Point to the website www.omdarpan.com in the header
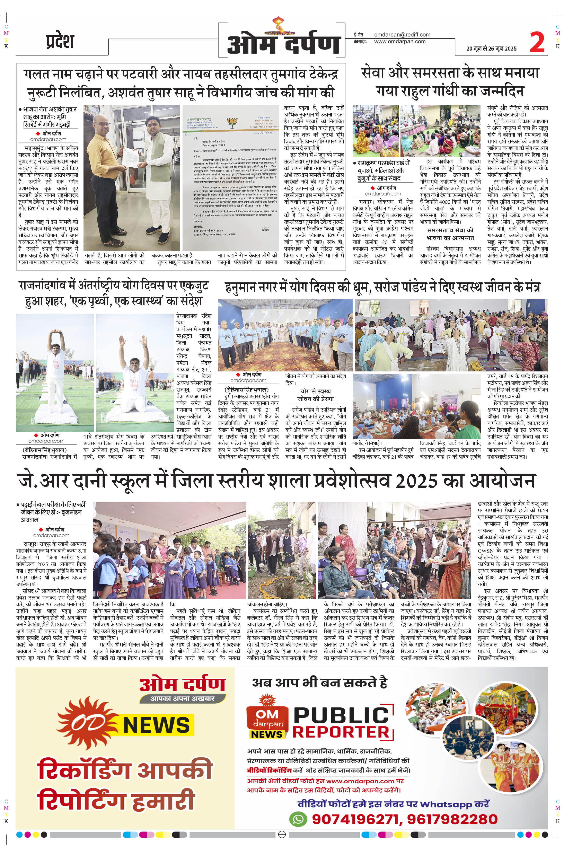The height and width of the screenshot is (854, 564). [400, 41]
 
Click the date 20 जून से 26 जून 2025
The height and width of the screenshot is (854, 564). [491, 49]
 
